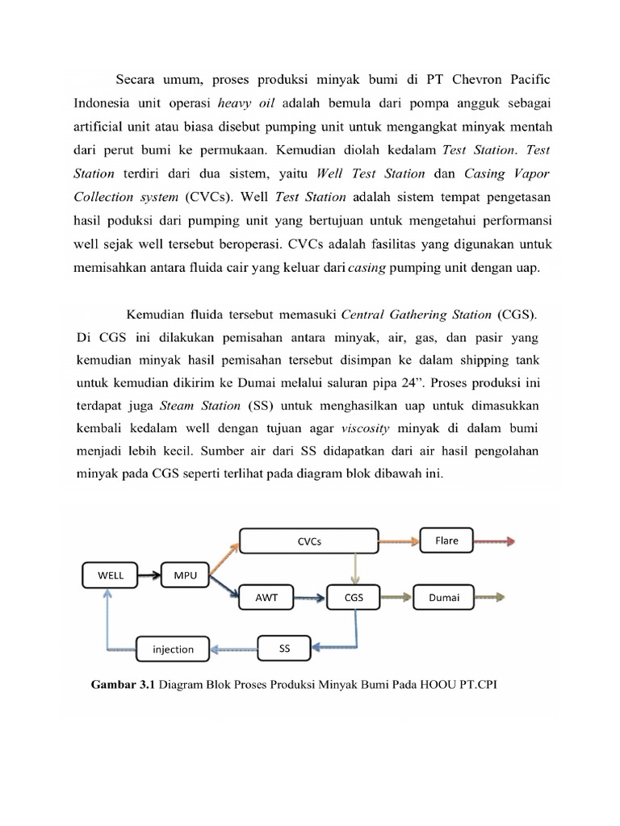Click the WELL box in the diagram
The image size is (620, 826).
(111, 575)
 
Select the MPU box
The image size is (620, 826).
(185, 575)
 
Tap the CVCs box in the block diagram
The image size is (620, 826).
(308, 541)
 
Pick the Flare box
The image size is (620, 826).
(446, 540)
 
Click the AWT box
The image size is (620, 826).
(266, 599)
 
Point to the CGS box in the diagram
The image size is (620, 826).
(354, 599)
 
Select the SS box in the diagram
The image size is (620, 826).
(284, 647)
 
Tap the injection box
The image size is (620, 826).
(173, 649)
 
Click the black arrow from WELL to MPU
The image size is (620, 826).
(149, 575)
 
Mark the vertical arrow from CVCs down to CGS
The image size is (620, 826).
(354, 569)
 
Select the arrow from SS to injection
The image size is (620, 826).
(235, 648)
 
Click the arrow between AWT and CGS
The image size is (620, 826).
(308, 599)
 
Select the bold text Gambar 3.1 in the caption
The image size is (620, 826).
(119, 686)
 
